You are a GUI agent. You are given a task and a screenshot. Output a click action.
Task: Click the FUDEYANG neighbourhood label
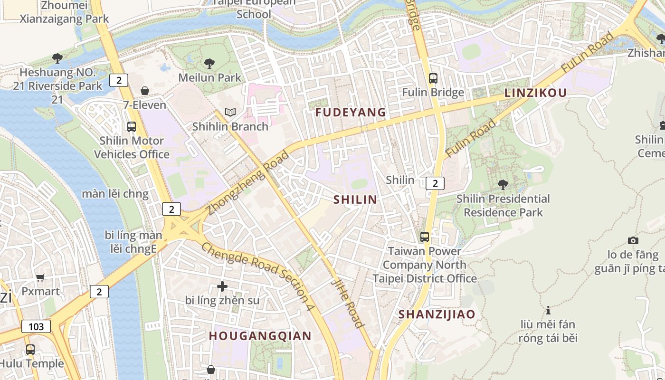(x=351, y=113)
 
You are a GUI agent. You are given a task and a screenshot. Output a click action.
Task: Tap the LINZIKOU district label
(x=535, y=93)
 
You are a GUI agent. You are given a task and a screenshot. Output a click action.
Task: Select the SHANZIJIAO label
(x=437, y=314)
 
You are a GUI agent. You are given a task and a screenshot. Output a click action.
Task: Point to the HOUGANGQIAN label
(x=260, y=336)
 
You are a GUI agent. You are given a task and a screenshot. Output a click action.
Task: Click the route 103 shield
(x=36, y=326)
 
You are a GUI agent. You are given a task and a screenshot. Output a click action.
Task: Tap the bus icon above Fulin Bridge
(x=433, y=78)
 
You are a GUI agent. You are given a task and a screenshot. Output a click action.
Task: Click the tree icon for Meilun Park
(x=209, y=64)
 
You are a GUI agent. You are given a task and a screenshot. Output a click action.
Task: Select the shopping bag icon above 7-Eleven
(x=145, y=91)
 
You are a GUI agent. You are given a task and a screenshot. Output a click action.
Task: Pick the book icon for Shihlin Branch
(x=230, y=113)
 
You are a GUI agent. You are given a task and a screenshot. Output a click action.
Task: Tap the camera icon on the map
(x=633, y=240)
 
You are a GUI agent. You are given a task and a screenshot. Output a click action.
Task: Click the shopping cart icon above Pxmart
(x=40, y=277)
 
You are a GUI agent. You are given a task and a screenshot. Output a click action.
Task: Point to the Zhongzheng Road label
(x=248, y=183)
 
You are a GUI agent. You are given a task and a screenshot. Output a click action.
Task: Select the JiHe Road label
(x=348, y=303)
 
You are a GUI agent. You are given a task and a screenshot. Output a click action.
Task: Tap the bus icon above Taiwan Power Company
(x=425, y=237)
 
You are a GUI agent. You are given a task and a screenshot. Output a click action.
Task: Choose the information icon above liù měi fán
(x=548, y=310)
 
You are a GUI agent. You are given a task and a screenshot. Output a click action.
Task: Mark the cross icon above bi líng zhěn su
(x=222, y=286)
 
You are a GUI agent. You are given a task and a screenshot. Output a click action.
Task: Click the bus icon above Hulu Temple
(x=30, y=350)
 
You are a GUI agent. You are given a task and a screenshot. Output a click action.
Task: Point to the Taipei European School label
(x=254, y=8)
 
